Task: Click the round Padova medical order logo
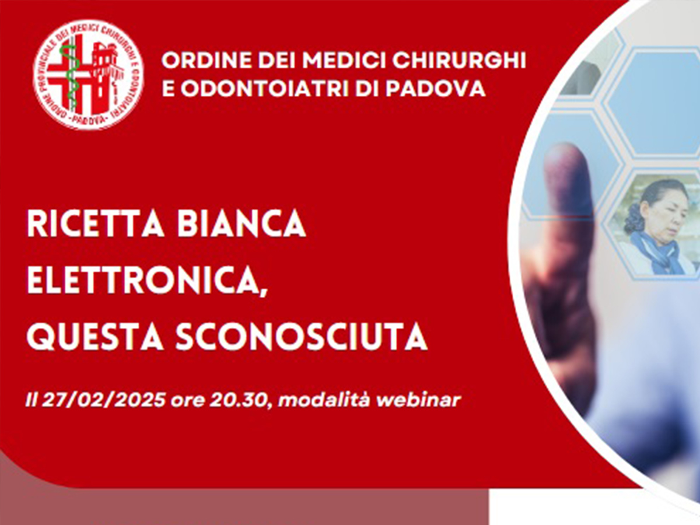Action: click(x=88, y=75)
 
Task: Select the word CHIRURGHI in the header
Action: click(x=459, y=60)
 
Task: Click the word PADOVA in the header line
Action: click(x=436, y=88)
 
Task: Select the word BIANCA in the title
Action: click(x=242, y=224)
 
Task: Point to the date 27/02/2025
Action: click(x=104, y=400)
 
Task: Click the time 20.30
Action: click(x=237, y=400)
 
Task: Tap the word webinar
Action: click(x=419, y=400)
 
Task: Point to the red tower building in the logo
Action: click(x=104, y=75)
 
